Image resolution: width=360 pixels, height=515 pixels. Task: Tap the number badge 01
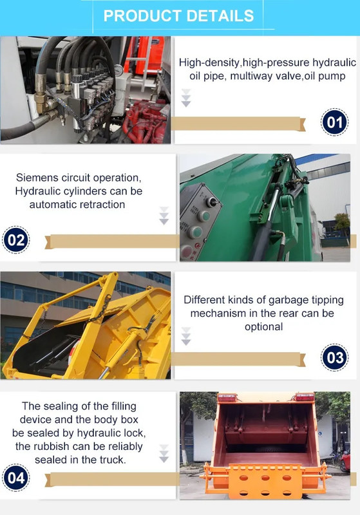(x=334, y=122)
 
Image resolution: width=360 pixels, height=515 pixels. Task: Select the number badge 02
(x=15, y=240)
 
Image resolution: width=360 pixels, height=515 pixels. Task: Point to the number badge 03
(x=334, y=357)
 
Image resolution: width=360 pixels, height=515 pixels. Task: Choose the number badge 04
(x=15, y=478)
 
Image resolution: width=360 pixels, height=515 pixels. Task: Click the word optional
(x=264, y=327)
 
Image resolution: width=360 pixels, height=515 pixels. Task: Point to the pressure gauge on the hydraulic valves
(x=118, y=70)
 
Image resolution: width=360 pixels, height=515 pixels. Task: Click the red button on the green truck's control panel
(x=187, y=252)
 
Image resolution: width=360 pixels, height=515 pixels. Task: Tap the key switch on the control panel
(x=212, y=202)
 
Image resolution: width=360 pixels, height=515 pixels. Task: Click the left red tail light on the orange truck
(x=227, y=397)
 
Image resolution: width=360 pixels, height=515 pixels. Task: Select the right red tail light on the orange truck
(x=305, y=397)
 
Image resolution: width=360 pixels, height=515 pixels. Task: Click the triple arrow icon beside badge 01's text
(x=186, y=98)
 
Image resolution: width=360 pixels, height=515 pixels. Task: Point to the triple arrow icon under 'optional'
(x=186, y=336)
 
